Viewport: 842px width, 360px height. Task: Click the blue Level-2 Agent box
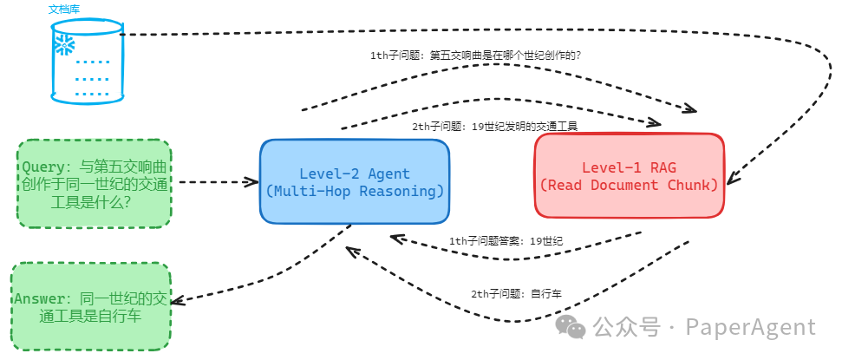[x=355, y=181]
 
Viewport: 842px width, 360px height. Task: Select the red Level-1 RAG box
[x=629, y=176]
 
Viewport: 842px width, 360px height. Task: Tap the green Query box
[x=94, y=184]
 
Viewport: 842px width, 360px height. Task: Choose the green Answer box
[x=91, y=307]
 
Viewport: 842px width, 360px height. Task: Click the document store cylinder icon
[x=87, y=65]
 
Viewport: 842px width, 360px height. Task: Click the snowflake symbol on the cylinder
[x=64, y=45]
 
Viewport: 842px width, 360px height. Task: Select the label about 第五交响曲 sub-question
[x=475, y=56]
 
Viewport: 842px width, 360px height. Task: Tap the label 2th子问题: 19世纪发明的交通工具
[x=494, y=126]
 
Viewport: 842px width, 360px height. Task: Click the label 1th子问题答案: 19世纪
[x=506, y=240]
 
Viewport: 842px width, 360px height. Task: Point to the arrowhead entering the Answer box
[x=175, y=301]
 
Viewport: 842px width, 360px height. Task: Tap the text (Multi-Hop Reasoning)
[x=355, y=191]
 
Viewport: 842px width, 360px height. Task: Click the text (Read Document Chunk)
[x=629, y=185]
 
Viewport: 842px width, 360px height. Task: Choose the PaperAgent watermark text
[x=751, y=327]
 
